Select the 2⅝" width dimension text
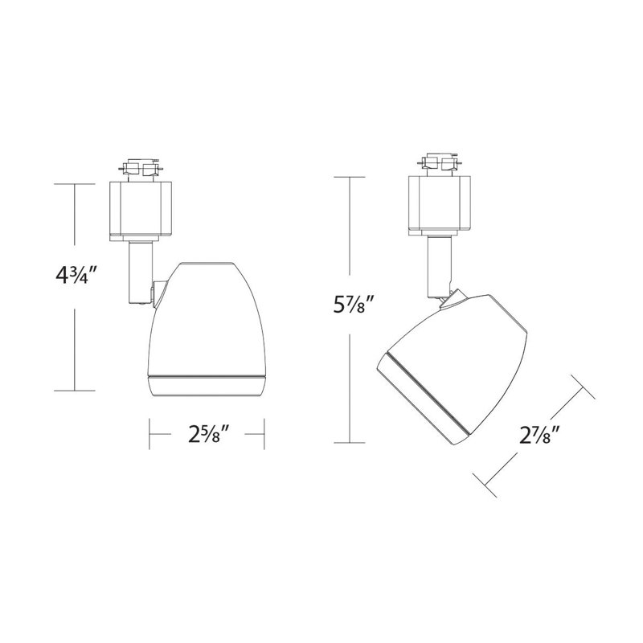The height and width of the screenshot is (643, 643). click(x=208, y=434)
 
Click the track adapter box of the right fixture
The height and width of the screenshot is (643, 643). click(x=440, y=206)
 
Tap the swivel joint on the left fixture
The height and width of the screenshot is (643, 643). click(x=159, y=293)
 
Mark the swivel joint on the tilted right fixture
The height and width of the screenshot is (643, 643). click(x=453, y=298)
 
